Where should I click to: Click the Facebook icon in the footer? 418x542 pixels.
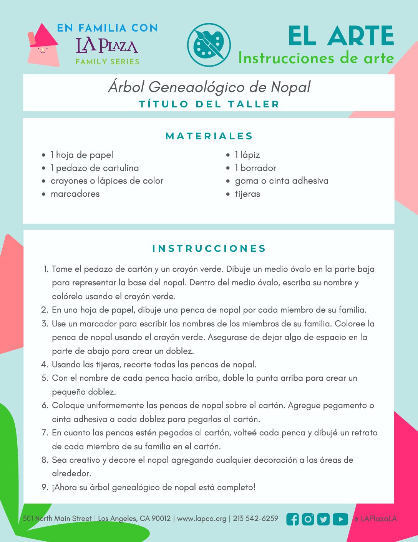pos(292,519)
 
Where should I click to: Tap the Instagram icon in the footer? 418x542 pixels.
pos(308,519)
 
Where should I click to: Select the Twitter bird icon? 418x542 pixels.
pos(324,519)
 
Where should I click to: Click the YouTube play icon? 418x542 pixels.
pos(340,519)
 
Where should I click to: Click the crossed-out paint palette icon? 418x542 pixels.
pos(209,45)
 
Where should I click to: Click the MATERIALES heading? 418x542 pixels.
pos(209,136)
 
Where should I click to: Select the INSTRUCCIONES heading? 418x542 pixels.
pos(209,248)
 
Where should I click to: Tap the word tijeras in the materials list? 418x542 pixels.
pos(247,194)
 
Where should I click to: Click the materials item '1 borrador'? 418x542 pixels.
pos(255,168)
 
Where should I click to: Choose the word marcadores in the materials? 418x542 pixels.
pos(75,194)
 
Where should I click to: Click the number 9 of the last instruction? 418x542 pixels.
pos(45,487)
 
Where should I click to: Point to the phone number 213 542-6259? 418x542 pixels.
pos(255,519)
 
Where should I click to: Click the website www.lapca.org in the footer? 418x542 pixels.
pos(202,519)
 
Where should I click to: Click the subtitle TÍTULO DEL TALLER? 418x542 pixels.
pos(209,104)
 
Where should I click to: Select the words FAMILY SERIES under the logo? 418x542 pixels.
pos(108,62)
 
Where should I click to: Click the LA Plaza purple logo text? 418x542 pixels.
pos(107,45)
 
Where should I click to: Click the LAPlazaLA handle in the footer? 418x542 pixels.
pos(378,519)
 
